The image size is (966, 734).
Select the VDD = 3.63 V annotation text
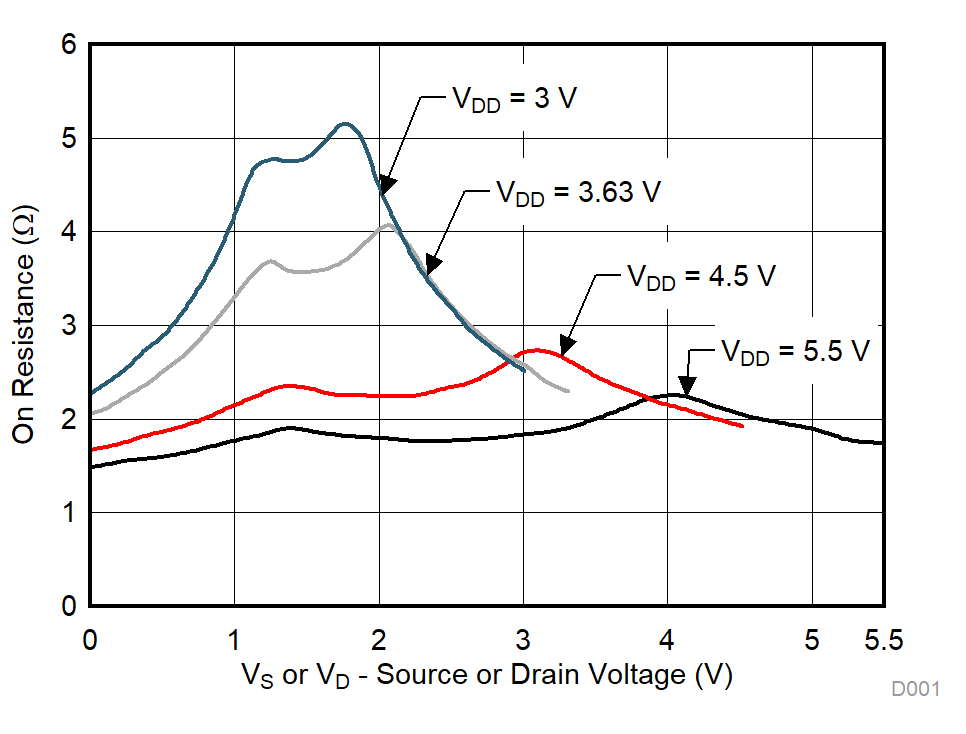click(x=578, y=192)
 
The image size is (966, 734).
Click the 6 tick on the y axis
click(x=67, y=45)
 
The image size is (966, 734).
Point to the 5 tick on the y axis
click(x=67, y=138)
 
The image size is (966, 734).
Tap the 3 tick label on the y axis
click(x=67, y=325)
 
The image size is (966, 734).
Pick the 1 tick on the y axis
click(x=67, y=513)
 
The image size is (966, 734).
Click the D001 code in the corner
click(x=916, y=689)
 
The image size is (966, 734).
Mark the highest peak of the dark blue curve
click(x=345, y=124)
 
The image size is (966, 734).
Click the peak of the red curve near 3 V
click(x=538, y=350)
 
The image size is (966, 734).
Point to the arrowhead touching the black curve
click(x=686, y=386)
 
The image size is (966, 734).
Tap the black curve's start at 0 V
click(x=92, y=467)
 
